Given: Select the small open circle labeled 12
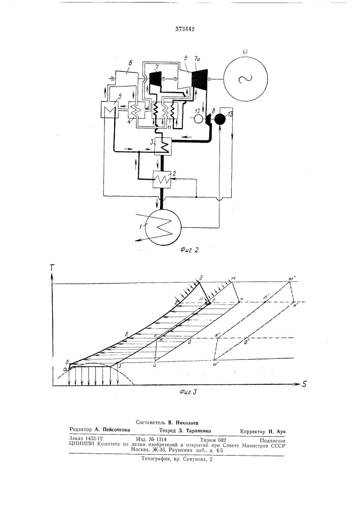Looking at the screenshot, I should point(198,119).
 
